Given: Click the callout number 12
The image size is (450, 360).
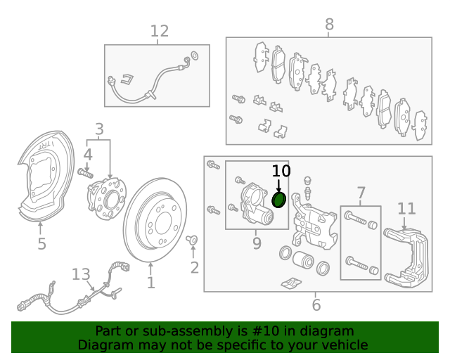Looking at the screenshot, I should tap(160, 31).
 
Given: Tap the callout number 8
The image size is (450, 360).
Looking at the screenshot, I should tap(329, 25).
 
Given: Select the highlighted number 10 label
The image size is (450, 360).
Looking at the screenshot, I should tap(281, 171).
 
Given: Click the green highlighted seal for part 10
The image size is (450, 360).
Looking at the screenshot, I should tap(278, 201).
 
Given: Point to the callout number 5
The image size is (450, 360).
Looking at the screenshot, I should tap(41, 244).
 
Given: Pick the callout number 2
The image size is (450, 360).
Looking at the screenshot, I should tap(195, 267).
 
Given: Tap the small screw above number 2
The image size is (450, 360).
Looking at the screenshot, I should tap(192, 241).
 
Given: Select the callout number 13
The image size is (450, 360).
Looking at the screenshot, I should tap(81, 274).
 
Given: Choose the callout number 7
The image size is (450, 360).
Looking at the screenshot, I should tap(361, 193).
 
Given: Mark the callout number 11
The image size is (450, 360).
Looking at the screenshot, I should tap(406, 208).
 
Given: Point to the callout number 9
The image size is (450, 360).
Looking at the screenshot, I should tap(257, 243).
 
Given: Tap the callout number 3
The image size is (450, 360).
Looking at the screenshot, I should tap(99, 129).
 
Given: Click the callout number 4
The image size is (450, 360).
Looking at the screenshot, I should tap(88, 153).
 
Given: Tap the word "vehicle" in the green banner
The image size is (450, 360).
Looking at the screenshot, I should tap(344, 345).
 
